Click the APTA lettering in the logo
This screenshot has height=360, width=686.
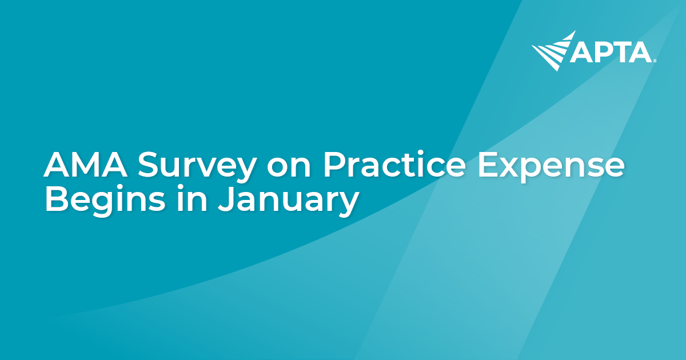point(611,53)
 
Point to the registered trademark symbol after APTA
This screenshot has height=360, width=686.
point(655,60)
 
